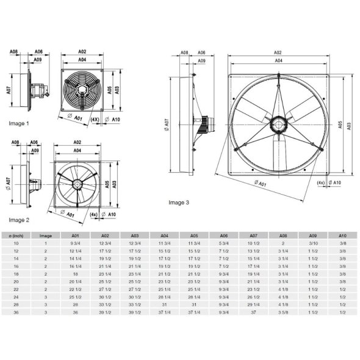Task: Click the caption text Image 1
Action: point(19,123)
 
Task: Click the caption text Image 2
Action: point(19,219)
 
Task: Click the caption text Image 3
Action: point(179,202)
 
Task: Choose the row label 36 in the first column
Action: point(16,312)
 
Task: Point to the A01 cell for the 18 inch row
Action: point(76,275)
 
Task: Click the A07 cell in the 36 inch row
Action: point(254,312)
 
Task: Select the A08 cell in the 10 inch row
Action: point(283,243)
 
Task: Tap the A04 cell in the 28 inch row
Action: point(165,304)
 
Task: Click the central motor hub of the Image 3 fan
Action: point(279,124)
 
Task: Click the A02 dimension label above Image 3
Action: point(278,53)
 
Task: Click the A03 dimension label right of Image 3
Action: point(348,125)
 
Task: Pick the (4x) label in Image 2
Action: point(93,214)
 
